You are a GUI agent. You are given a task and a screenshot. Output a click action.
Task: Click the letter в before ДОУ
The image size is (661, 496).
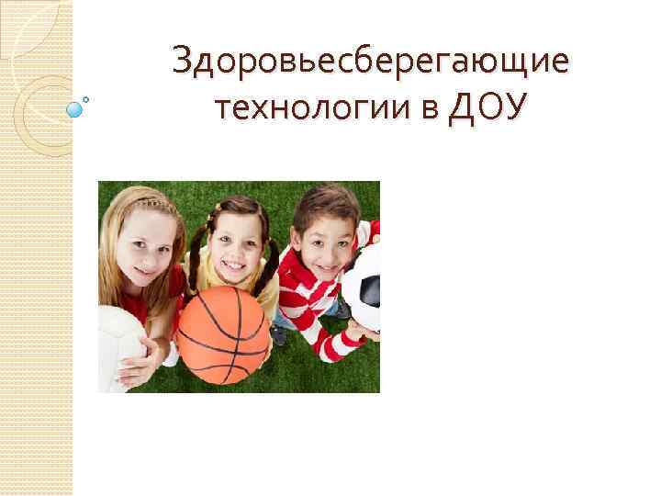(x=431, y=111)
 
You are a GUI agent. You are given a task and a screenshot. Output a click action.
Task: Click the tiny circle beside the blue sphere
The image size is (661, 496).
(x=86, y=98)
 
